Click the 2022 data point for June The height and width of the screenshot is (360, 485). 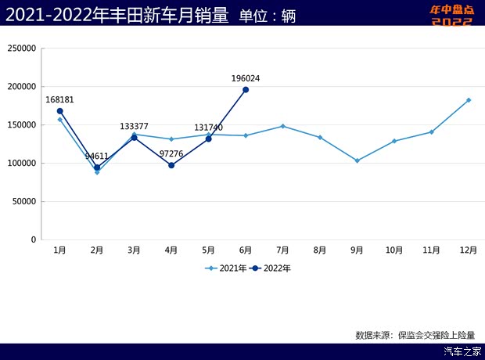(x=246, y=90)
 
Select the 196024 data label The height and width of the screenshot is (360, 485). (x=246, y=78)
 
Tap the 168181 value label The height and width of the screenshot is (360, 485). (x=59, y=100)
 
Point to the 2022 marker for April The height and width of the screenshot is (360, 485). (x=171, y=165)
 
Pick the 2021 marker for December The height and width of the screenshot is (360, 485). (x=469, y=100)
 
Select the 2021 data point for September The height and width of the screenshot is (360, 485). (x=357, y=160)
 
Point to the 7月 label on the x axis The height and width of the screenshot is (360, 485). (x=282, y=250)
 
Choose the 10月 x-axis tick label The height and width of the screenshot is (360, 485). (x=394, y=250)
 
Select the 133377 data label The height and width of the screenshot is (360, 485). (x=134, y=126)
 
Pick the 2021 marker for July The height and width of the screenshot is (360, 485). (x=282, y=126)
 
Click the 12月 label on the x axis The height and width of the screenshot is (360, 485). (x=469, y=250)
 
